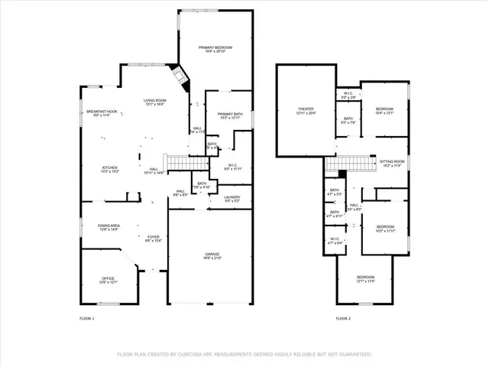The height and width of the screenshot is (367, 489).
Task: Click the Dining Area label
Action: click(109, 227)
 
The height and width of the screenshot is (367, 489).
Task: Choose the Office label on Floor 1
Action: click(109, 280)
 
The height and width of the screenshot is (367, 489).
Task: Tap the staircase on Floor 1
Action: click(177, 163)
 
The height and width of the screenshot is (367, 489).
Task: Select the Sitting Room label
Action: click(393, 163)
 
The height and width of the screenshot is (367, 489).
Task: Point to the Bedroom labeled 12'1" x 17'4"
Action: click(366, 278)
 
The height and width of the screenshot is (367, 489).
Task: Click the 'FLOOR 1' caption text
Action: click(87, 318)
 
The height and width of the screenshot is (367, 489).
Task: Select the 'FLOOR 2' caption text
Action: click(343, 318)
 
